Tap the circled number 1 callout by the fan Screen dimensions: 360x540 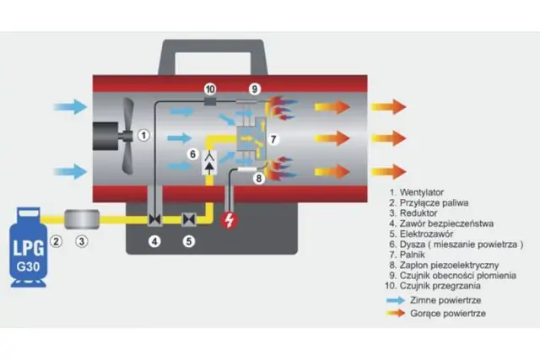pyautogui.click(x=143, y=134)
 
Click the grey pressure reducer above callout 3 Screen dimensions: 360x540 pyautogui.click(x=82, y=219)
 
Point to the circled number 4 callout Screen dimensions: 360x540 pyautogui.click(x=154, y=241)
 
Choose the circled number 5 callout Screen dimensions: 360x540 pyautogui.click(x=189, y=241)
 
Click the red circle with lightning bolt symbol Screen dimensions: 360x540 pyautogui.click(x=229, y=222)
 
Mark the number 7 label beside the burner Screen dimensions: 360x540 pyautogui.click(x=272, y=137)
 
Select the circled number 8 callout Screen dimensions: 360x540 pyautogui.click(x=258, y=179)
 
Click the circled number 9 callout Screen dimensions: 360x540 pyautogui.click(x=254, y=89)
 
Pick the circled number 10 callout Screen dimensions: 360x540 pyautogui.click(x=210, y=89)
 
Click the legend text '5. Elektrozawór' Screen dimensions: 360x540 pyautogui.click(x=421, y=234)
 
